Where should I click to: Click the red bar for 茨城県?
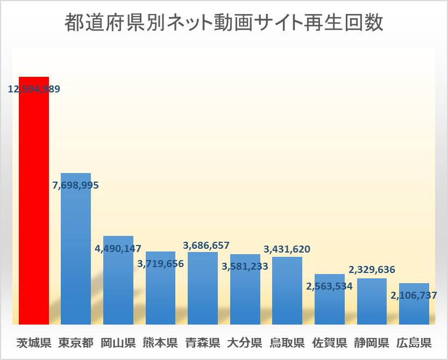[x=34, y=204]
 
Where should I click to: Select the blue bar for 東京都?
[x=76, y=253]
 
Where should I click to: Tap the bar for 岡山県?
[x=118, y=285]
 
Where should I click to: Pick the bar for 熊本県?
[x=160, y=296]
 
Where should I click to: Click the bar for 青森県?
[x=203, y=290]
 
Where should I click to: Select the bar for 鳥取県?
[x=287, y=293]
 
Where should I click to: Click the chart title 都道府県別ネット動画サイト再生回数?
[x=224, y=23]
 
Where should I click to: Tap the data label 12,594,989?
[x=34, y=89]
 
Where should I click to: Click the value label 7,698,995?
[x=76, y=185]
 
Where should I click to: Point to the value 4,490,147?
[x=118, y=249]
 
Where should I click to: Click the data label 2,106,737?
[x=414, y=295]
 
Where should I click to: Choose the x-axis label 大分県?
[x=245, y=342]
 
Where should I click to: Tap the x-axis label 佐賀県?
[x=329, y=342]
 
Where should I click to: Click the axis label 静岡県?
[x=372, y=342]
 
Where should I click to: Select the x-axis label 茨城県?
[x=34, y=342]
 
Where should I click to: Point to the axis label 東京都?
[x=76, y=342]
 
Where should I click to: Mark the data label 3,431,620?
[x=287, y=249]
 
